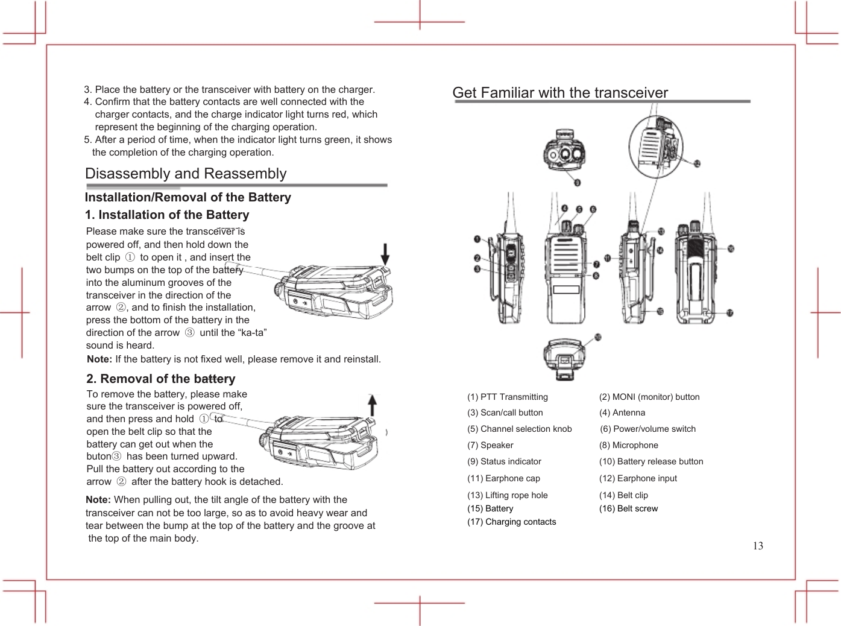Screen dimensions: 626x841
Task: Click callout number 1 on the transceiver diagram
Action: pos(477,240)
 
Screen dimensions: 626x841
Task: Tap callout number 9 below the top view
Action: pos(578,182)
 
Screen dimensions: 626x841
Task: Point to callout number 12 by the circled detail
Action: pos(697,163)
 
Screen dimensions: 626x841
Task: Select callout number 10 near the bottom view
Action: pos(597,337)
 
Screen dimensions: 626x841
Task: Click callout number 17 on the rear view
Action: pos(729,313)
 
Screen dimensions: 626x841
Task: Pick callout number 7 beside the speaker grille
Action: pos(596,265)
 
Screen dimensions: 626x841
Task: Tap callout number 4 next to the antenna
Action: pos(565,209)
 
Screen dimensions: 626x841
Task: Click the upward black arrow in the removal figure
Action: pos(373,405)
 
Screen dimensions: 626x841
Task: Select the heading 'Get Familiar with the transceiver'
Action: pos(560,92)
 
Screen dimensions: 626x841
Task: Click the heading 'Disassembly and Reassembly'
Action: pos(186,174)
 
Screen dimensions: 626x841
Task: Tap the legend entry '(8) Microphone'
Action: pos(628,445)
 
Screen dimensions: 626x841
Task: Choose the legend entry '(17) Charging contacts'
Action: pos(511,522)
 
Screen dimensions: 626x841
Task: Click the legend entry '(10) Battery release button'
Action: pos(650,461)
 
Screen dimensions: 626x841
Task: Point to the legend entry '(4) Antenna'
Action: pos(622,413)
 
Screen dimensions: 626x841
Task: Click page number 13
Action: pos(758,546)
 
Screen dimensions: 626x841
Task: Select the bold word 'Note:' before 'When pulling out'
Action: pos(98,499)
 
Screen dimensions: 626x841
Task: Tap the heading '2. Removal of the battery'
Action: pos(160,379)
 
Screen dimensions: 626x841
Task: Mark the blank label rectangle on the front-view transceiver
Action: pos(565,288)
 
